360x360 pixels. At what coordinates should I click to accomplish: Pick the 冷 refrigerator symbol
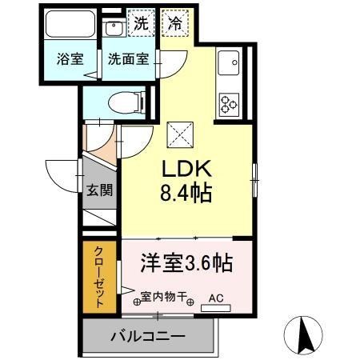pos(174,22)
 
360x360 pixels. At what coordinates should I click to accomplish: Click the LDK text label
pos(187,170)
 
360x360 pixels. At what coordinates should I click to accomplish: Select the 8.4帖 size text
pos(187,194)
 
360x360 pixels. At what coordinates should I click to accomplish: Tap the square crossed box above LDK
pos(178,133)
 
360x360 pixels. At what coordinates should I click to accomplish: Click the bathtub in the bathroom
pos(70,25)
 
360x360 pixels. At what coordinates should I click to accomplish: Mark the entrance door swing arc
pos(62,172)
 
